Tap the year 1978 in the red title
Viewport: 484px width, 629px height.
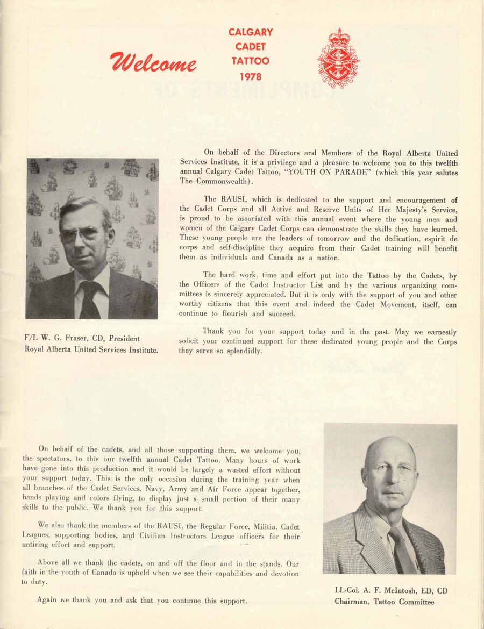pyautogui.click(x=251, y=76)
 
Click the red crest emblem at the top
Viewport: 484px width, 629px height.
pyautogui.click(x=338, y=58)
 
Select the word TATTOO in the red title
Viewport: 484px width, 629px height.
pyautogui.click(x=251, y=61)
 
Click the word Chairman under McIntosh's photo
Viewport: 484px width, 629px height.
pyautogui.click(x=352, y=602)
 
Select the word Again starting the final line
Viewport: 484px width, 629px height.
pyautogui.click(x=47, y=601)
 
